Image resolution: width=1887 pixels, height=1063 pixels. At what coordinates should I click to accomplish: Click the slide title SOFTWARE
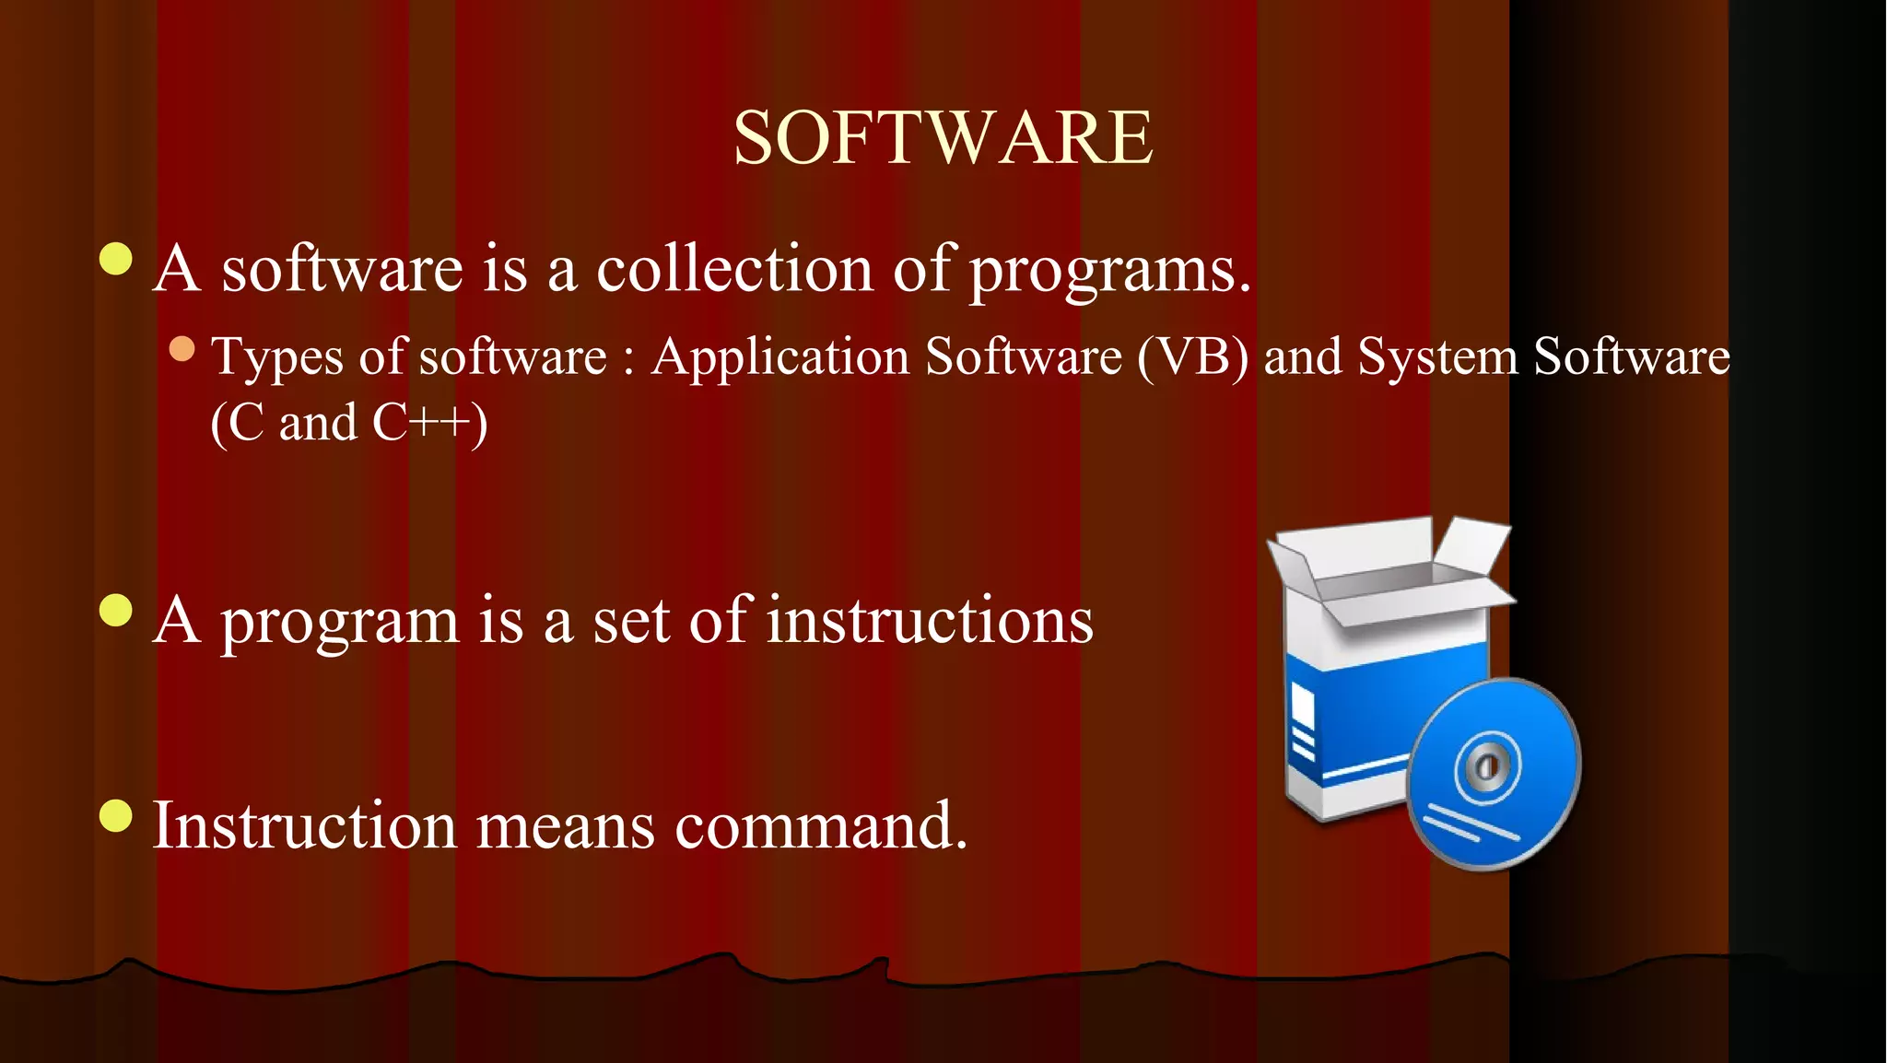pyautogui.click(x=943, y=138)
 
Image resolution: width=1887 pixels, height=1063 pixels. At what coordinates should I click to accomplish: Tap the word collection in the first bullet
pyautogui.click(x=733, y=269)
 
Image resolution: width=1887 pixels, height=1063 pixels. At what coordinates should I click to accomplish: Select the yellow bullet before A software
pyautogui.click(x=116, y=259)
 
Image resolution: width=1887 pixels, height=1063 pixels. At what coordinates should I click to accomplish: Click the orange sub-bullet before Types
pyautogui.click(x=182, y=349)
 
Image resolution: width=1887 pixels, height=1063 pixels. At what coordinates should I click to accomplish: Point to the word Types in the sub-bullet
pyautogui.click(x=276, y=357)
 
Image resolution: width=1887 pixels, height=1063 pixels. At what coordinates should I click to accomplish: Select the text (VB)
pyautogui.click(x=1192, y=356)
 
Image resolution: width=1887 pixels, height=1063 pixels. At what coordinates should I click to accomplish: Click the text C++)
pyautogui.click(x=429, y=424)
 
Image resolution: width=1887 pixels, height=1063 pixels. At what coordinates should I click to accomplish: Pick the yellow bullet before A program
pyautogui.click(x=116, y=610)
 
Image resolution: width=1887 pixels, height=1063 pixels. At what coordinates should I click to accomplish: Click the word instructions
pyautogui.click(x=930, y=620)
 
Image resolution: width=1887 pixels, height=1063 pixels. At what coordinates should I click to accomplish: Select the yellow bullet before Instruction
pyautogui.click(x=116, y=815)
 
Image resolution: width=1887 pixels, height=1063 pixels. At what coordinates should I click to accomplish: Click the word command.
pyautogui.click(x=821, y=825)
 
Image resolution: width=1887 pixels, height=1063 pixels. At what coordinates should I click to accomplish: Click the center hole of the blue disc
pyautogui.click(x=1484, y=766)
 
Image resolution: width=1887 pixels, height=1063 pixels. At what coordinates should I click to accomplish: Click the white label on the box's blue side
pyautogui.click(x=1303, y=709)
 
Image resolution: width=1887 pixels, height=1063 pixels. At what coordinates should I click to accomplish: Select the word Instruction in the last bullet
pyautogui.click(x=304, y=824)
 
